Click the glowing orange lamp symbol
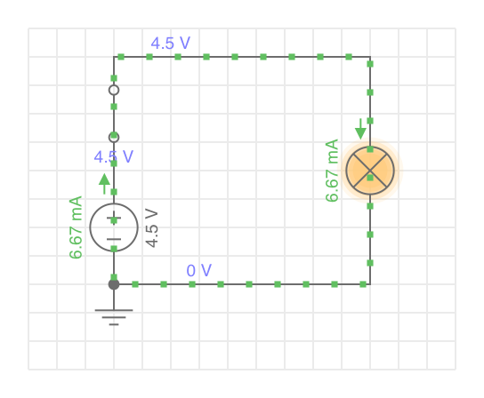coord(370,171)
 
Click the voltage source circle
coord(114,203)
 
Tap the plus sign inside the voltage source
coord(114,219)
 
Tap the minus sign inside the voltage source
coord(114,239)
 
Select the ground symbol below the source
coord(114,317)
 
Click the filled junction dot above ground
coord(114,284)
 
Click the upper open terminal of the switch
coord(114,90)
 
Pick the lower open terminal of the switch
coord(114,137)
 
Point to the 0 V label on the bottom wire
coord(199,270)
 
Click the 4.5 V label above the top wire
coord(171,44)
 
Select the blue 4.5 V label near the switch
coord(114,156)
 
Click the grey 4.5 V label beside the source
coord(151,227)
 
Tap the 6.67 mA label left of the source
coord(76,227)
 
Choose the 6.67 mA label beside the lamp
coord(332,171)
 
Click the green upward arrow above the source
coord(104,184)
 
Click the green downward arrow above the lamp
coord(360,129)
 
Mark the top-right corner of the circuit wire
coord(370,57)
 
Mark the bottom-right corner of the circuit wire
coord(370,284)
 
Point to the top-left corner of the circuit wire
coord(114,57)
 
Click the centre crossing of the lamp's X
coord(370,171)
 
